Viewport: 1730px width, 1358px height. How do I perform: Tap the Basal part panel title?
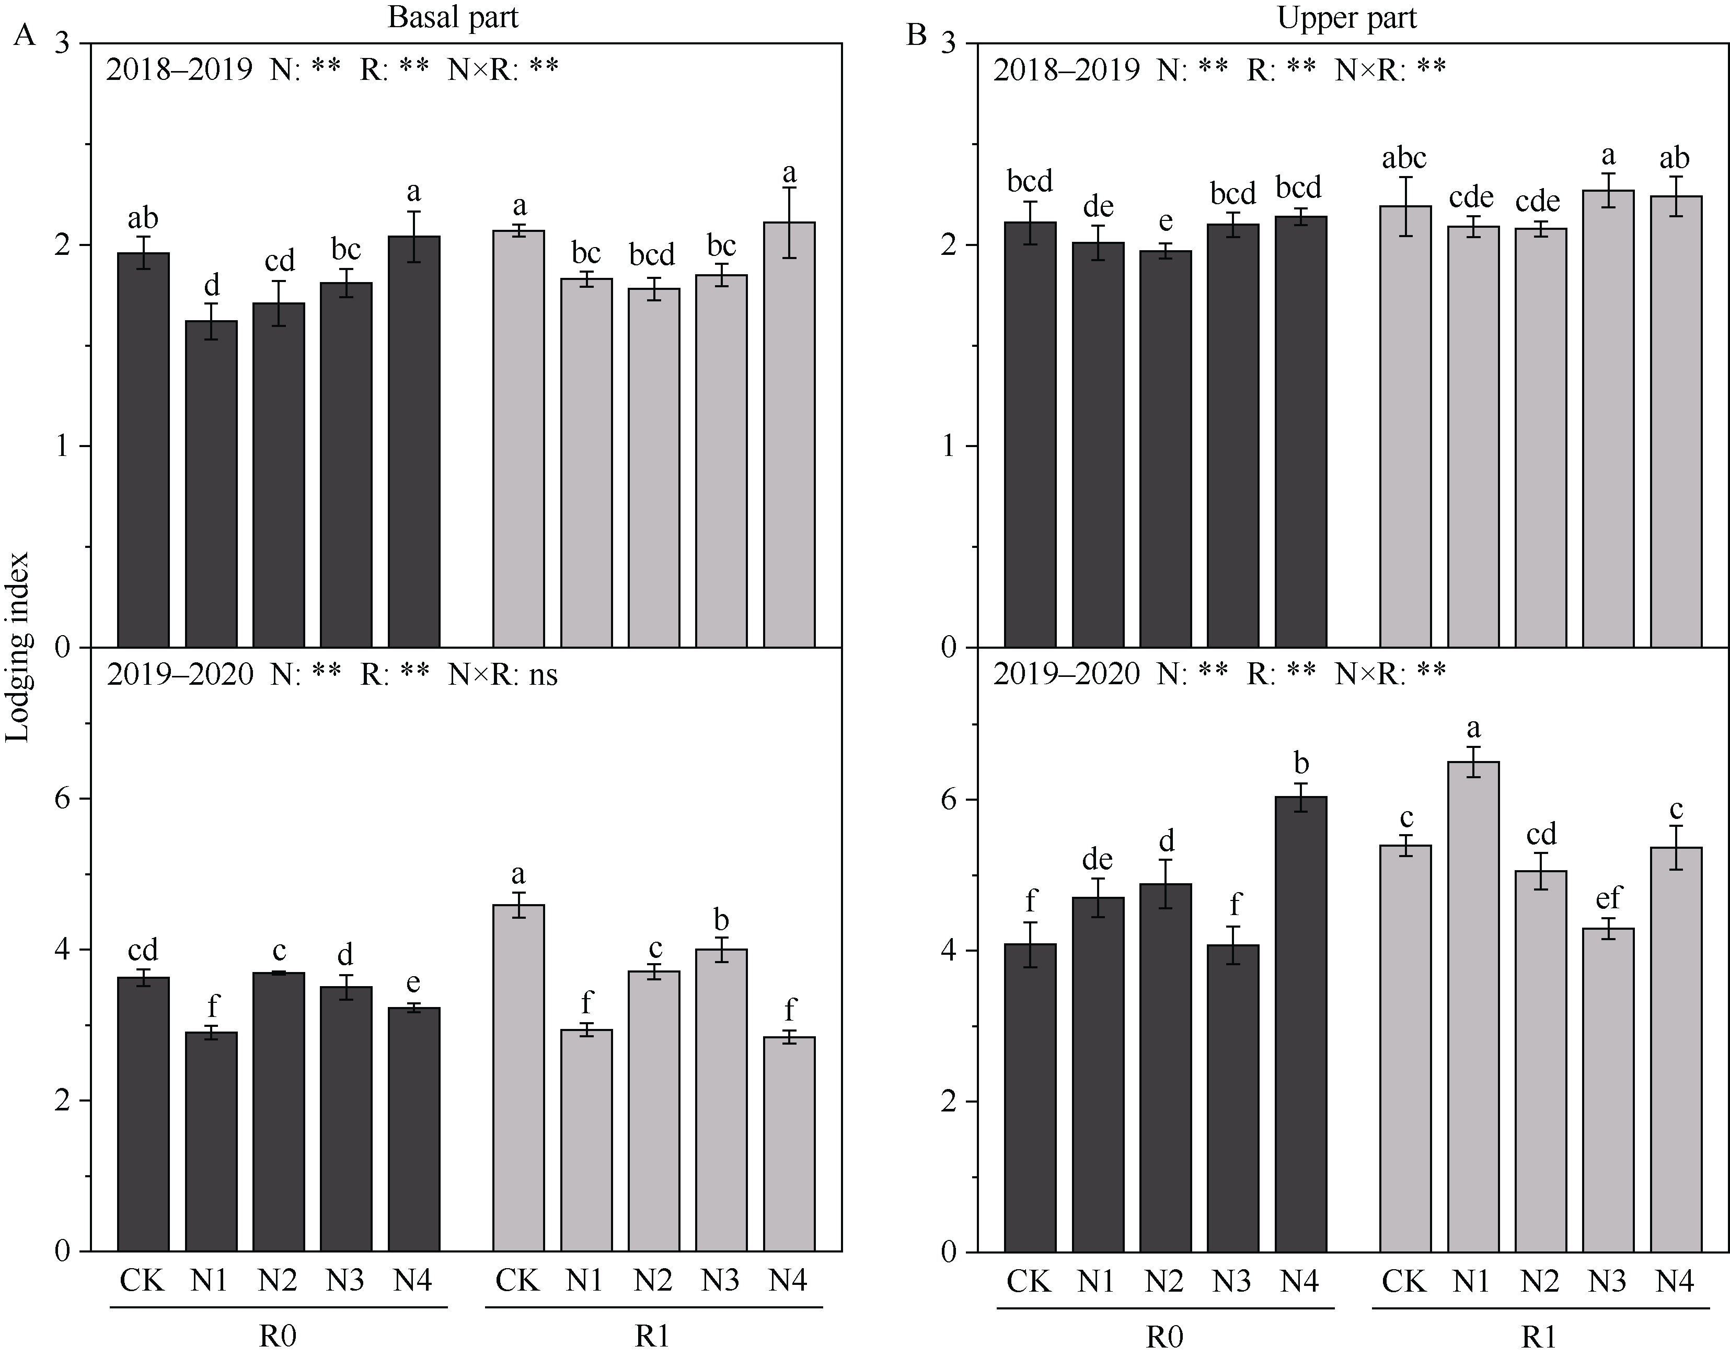click(x=453, y=17)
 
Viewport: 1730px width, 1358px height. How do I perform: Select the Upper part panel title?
click(x=1346, y=17)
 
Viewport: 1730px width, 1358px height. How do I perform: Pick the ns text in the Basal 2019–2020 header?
click(x=541, y=675)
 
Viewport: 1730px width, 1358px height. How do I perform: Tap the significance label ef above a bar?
click(x=1608, y=898)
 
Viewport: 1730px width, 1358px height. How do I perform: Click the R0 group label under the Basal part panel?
click(x=278, y=1337)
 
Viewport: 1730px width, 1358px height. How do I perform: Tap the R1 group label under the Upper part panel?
click(x=1539, y=1337)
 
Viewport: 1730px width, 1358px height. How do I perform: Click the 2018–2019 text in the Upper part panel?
click(x=1066, y=70)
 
